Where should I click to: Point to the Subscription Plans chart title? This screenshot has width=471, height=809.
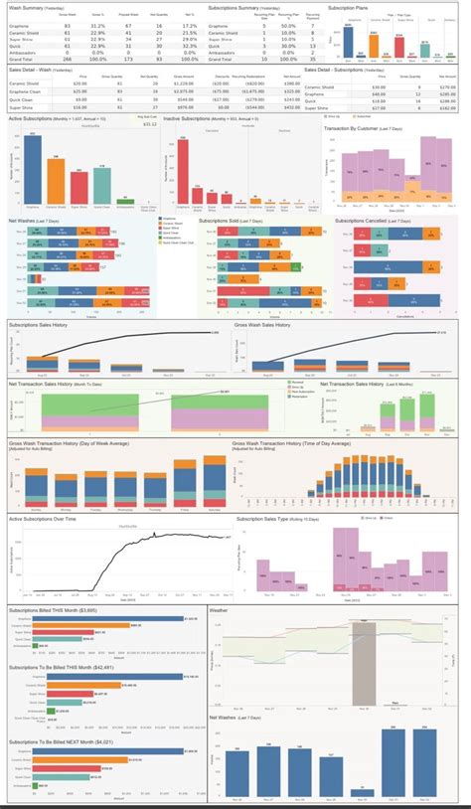click(x=353, y=7)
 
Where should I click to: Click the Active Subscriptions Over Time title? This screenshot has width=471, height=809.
click(x=46, y=518)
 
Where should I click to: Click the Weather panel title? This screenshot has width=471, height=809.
click(x=220, y=608)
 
